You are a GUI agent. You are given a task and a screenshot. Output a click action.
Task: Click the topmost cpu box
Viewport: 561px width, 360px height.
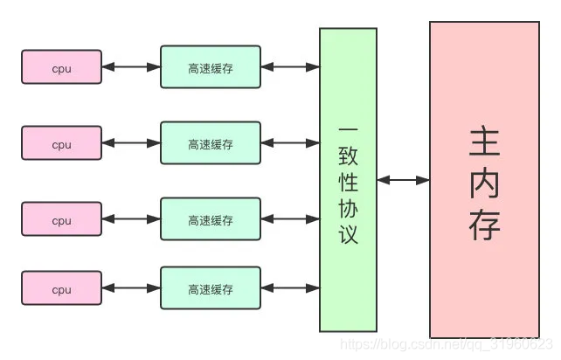pos(61,67)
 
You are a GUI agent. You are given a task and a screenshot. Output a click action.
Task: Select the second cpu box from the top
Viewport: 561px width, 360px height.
pos(61,144)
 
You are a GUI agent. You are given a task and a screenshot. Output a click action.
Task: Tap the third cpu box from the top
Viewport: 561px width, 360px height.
pos(61,220)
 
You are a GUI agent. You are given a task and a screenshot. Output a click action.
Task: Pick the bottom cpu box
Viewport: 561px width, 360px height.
pos(61,288)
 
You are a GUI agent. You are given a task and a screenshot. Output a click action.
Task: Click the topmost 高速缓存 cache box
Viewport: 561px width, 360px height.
pos(211,67)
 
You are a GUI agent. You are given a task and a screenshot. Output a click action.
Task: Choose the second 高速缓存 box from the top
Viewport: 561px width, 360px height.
pos(211,144)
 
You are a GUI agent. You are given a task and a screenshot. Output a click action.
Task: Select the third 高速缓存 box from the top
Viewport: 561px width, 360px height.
pos(211,220)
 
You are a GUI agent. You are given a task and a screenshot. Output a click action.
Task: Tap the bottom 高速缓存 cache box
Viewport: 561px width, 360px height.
pos(211,288)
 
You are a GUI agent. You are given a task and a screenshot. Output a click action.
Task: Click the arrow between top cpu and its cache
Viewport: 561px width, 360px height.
pos(131,66)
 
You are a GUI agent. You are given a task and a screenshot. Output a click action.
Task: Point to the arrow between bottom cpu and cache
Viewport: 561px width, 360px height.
pos(131,287)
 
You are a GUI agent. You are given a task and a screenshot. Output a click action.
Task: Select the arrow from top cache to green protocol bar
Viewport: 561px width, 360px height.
pos(290,66)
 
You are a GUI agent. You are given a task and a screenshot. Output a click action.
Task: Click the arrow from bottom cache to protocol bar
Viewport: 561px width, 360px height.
pos(290,287)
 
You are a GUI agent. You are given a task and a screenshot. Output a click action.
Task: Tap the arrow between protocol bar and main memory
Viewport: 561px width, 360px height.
pos(403,180)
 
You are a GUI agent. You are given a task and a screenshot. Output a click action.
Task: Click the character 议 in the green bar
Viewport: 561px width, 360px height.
pos(348,234)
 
